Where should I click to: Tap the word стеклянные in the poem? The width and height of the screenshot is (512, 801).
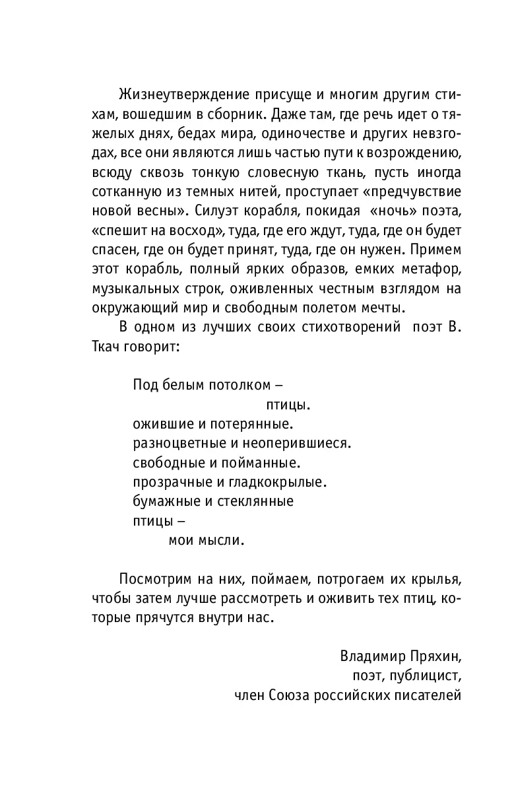256,501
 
